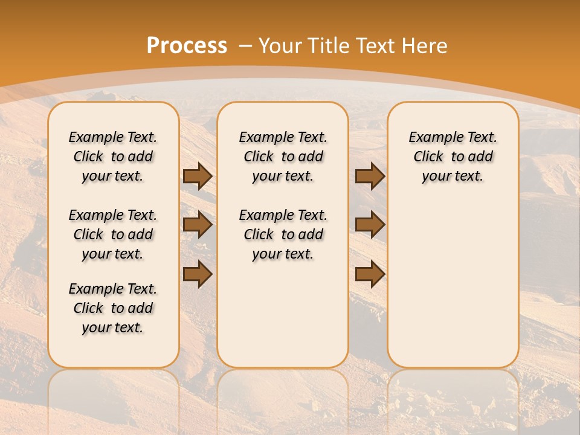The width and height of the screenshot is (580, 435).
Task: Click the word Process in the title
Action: (187, 46)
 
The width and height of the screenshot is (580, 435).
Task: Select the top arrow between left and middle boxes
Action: (198, 176)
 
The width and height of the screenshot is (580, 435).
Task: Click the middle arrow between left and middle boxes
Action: (198, 225)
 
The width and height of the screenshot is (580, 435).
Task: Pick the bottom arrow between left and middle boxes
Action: (198, 274)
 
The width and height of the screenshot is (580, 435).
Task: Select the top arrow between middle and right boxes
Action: (370, 176)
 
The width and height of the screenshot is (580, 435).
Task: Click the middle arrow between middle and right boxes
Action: (370, 225)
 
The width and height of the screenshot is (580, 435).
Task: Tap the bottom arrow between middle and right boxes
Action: (370, 274)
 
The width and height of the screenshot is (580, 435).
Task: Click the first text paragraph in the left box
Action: (113, 156)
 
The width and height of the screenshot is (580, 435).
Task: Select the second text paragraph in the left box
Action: (113, 234)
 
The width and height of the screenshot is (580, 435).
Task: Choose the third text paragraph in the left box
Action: (113, 308)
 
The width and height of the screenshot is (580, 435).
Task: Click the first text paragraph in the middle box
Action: (283, 156)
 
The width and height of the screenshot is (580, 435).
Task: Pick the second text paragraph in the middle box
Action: (283, 234)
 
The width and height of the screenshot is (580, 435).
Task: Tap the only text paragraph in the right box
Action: (453, 156)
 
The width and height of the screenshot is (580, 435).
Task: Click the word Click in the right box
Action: (428, 157)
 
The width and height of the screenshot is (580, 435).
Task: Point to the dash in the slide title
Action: (245, 47)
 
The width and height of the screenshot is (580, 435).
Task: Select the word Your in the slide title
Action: (281, 46)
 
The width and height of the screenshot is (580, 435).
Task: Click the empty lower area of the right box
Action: (453, 284)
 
